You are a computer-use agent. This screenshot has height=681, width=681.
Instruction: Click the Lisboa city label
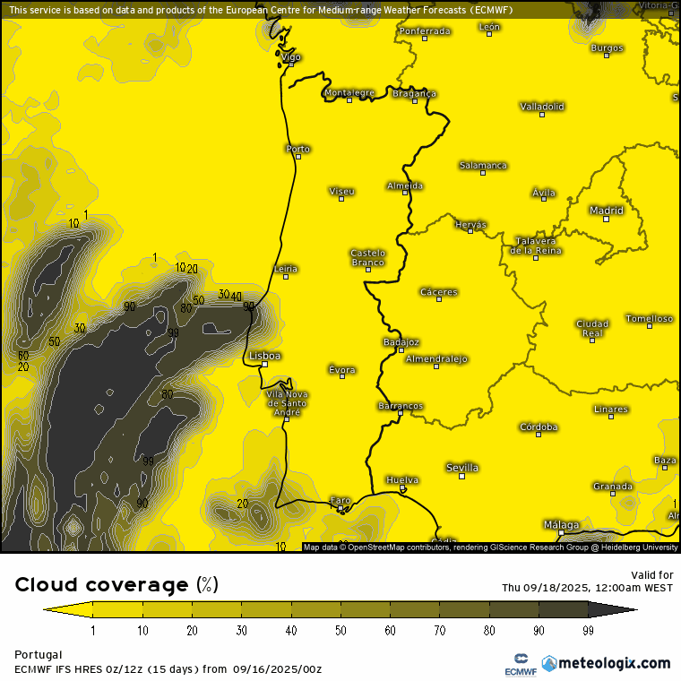click(264, 356)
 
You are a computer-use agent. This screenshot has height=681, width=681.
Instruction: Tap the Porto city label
click(297, 149)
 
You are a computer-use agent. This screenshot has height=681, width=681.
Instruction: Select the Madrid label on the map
click(606, 211)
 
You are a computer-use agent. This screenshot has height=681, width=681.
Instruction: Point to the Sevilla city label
click(462, 468)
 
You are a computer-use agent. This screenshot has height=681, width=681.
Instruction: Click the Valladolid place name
click(542, 106)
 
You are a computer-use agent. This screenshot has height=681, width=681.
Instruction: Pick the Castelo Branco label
click(367, 257)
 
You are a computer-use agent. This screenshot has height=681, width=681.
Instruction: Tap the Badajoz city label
click(401, 341)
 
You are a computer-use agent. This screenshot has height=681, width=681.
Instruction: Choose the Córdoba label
click(539, 427)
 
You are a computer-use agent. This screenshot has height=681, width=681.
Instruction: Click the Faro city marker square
click(340, 509)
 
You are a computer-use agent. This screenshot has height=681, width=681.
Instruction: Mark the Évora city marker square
click(341, 376)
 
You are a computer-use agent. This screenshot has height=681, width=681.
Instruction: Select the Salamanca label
click(483, 165)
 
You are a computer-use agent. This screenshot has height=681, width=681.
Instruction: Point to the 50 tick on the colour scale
click(340, 631)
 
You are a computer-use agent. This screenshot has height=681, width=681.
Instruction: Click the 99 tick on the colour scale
click(588, 631)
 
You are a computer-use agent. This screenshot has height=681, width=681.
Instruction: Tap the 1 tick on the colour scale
click(93, 631)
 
